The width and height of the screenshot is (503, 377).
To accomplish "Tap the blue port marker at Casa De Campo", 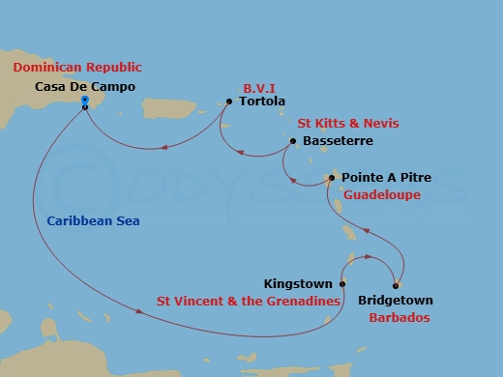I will pyautogui.click(x=86, y=101).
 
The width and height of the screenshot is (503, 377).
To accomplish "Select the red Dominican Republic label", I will pyautogui.click(x=76, y=68).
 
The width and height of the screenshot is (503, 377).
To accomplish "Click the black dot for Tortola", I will pyautogui.click(x=228, y=101).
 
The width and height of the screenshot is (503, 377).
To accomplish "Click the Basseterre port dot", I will pyautogui.click(x=291, y=141).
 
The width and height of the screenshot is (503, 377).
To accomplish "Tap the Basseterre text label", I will pyautogui.click(x=336, y=141).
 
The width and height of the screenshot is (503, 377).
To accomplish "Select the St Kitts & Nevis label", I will pyautogui.click(x=347, y=123).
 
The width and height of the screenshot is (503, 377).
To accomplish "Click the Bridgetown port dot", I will pyautogui.click(x=396, y=284).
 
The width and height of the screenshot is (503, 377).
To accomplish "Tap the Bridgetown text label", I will pyautogui.click(x=396, y=301).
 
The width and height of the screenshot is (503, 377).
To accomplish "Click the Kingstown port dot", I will pyautogui.click(x=342, y=284).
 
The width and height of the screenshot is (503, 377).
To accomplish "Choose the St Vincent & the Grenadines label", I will pyautogui.click(x=250, y=301).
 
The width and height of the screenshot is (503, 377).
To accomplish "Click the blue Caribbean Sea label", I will pyautogui.click(x=93, y=221).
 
